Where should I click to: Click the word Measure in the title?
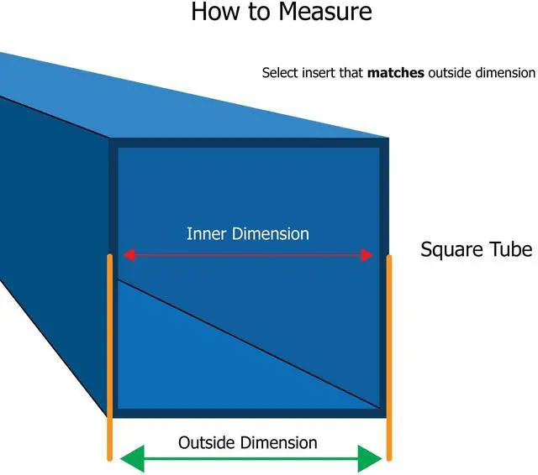(325, 12)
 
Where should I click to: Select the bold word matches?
(396, 73)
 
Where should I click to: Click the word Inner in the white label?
(207, 234)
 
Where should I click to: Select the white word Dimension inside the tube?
(271, 234)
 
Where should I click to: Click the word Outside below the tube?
(207, 442)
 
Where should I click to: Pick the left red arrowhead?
(129, 255)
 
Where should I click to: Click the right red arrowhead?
(367, 255)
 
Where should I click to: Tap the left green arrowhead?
(133, 458)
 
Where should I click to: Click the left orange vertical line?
(109, 358)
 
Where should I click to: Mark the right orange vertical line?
(389, 358)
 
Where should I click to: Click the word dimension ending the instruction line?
(505, 73)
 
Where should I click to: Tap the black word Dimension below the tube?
(278, 442)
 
